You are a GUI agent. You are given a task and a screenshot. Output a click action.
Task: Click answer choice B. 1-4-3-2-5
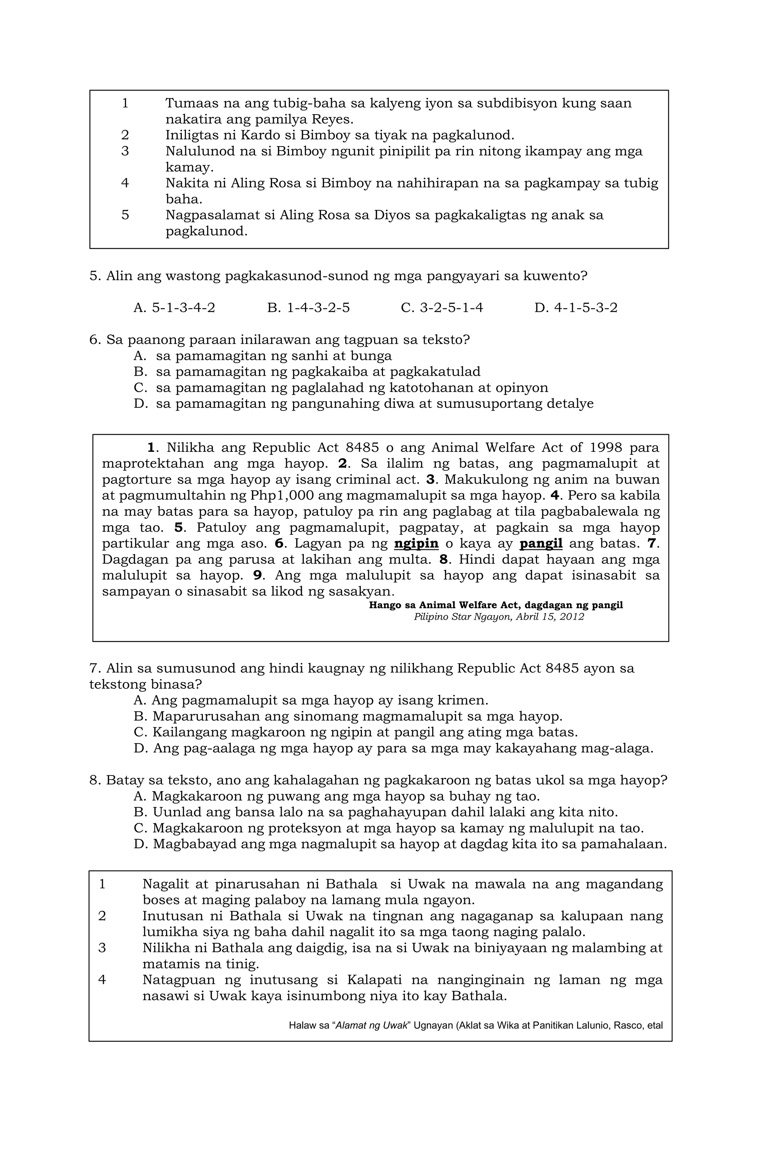(308, 308)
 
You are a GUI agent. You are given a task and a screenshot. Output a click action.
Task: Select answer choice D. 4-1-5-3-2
(576, 308)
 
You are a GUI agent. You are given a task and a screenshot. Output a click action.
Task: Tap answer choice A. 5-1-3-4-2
(174, 308)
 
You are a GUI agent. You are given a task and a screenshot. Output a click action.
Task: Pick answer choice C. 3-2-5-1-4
(442, 308)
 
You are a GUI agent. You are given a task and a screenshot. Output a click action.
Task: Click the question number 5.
(94, 276)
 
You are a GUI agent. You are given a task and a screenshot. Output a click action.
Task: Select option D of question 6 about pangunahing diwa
(363, 404)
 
